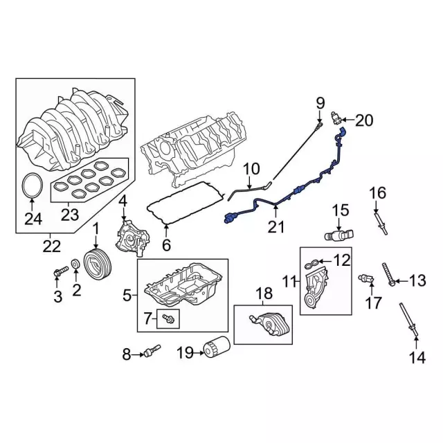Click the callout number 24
click(x=33, y=219)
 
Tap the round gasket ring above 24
click(x=32, y=186)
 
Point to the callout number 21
click(x=277, y=226)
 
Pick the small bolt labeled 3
click(x=60, y=271)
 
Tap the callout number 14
click(x=416, y=358)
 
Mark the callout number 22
click(x=50, y=244)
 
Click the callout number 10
click(x=251, y=168)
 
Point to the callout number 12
click(x=343, y=260)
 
